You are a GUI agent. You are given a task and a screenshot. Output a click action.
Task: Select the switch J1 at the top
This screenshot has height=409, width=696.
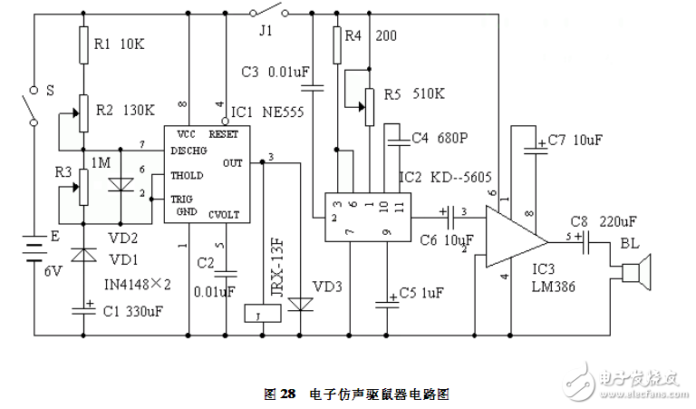coord(269,13)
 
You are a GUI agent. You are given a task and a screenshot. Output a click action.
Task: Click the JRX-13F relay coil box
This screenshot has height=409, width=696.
coord(260,314)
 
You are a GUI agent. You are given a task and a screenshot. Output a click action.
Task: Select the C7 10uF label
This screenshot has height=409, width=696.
coord(576,141)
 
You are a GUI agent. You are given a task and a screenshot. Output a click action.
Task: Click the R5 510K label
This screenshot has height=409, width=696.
coord(416,93)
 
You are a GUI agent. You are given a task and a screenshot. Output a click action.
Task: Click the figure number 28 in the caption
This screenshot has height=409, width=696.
coord(288,394)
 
